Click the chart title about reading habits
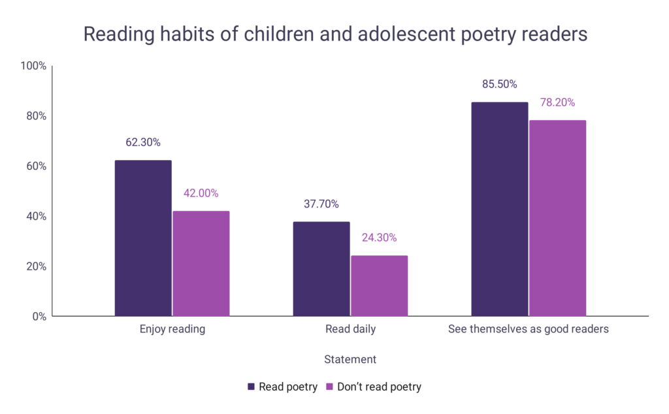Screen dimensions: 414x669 [334, 34]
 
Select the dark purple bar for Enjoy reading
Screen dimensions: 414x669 [143, 238]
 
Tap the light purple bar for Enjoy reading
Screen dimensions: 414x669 [201, 264]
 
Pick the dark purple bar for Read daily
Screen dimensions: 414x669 [321, 269]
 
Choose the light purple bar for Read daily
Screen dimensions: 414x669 [380, 286]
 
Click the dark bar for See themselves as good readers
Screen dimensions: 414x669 [500, 209]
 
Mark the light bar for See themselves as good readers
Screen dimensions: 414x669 [558, 218]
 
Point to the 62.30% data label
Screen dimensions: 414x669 [143, 142]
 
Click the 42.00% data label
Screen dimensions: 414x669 [201, 193]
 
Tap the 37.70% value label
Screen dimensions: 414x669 [321, 204]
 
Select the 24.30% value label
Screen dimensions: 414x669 [380, 238]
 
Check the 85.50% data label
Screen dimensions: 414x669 [500, 84]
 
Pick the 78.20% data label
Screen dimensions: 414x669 [558, 103]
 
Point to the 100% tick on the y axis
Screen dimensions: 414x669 [33, 66]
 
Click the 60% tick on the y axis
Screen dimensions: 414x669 [35, 167]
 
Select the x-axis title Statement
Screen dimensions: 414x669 [350, 359]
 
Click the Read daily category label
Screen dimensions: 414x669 [350, 329]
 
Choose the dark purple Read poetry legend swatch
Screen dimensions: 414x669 [252, 387]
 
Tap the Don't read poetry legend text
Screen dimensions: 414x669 [379, 387]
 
